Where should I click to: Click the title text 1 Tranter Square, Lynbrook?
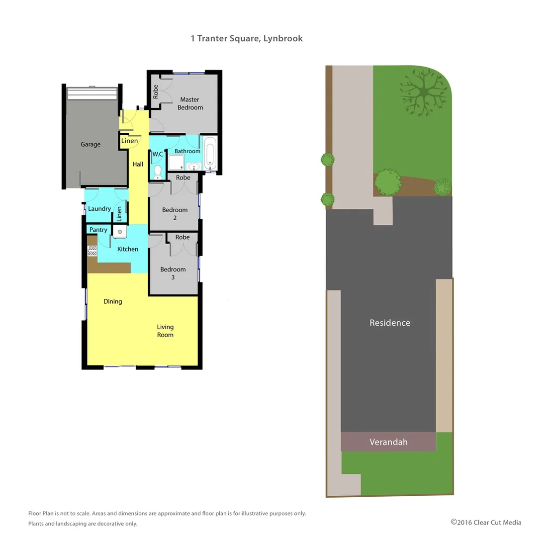click(247, 38)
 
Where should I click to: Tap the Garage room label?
click(90, 144)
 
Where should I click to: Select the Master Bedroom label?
click(190, 103)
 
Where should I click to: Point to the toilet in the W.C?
click(158, 172)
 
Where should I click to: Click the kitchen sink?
click(119, 231)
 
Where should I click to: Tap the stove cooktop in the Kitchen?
click(92, 251)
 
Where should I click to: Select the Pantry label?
click(98, 230)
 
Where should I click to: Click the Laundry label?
click(99, 209)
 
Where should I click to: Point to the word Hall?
click(138, 164)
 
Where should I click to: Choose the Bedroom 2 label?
click(175, 214)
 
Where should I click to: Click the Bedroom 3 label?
click(173, 273)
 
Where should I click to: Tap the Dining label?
click(113, 301)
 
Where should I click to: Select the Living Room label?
click(165, 331)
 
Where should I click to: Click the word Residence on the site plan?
click(390, 323)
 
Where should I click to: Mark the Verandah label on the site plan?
click(388, 442)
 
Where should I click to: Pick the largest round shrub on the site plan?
click(387, 182)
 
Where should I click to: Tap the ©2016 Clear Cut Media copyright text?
click(486, 522)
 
